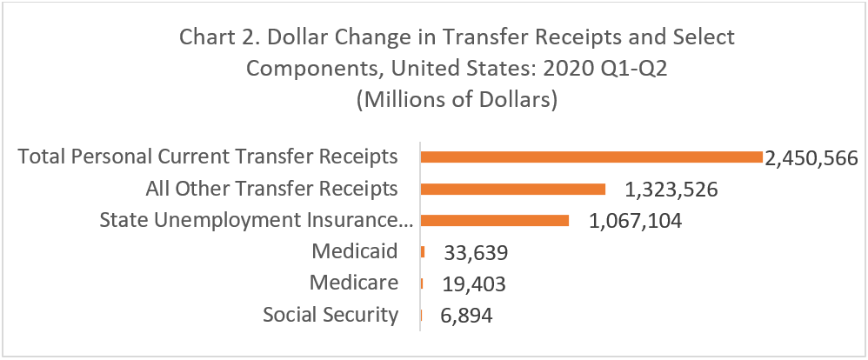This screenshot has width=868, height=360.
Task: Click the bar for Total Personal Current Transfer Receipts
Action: [591, 157]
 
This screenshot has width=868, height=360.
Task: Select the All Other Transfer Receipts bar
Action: [512, 189]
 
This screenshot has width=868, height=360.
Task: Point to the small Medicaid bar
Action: [422, 252]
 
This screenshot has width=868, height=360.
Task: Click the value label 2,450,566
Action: [811, 158]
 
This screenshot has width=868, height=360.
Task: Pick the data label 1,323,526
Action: [671, 190]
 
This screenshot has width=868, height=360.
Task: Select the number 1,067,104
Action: [635, 221]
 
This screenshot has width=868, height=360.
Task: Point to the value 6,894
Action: [467, 316]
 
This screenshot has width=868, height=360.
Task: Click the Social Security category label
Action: [331, 315]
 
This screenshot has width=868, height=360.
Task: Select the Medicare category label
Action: [354, 283]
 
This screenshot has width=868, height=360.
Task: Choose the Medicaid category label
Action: [354, 252]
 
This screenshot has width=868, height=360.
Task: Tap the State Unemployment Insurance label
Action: [255, 220]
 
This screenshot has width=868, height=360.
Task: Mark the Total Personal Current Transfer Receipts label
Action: [208, 157]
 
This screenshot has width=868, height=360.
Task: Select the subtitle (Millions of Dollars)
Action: [457, 99]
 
